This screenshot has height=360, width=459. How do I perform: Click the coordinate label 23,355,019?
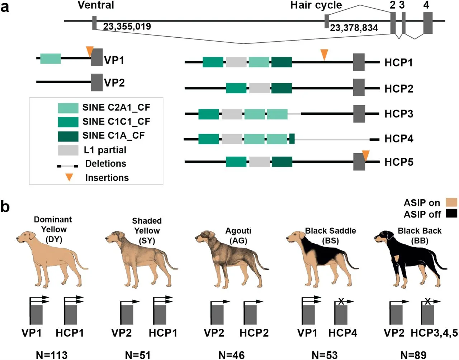click(x=127, y=27)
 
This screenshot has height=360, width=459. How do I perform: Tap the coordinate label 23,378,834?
click(x=354, y=28)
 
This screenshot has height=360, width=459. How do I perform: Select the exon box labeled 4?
click(x=427, y=23)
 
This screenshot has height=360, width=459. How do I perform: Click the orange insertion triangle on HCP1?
click(x=324, y=54)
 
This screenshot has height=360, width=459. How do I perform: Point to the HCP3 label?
click(x=398, y=114)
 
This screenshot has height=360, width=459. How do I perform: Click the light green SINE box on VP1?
click(x=50, y=59)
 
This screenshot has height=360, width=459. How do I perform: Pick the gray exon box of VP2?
click(x=97, y=82)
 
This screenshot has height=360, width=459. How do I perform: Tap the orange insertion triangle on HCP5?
click(x=365, y=155)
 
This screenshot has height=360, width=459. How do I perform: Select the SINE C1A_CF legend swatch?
click(x=68, y=136)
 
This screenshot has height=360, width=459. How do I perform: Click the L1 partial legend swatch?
click(x=68, y=150)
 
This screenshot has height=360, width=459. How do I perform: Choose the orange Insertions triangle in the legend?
click(x=69, y=177)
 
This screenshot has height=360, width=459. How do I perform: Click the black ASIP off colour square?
click(x=451, y=214)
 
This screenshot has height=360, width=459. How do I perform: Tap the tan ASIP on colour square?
click(x=451, y=202)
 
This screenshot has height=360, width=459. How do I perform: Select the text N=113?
click(x=52, y=355)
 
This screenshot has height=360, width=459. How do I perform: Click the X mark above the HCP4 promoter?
click(x=341, y=301)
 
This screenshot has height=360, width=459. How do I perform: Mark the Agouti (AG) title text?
click(x=238, y=235)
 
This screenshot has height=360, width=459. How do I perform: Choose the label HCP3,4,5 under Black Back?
click(x=434, y=333)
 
